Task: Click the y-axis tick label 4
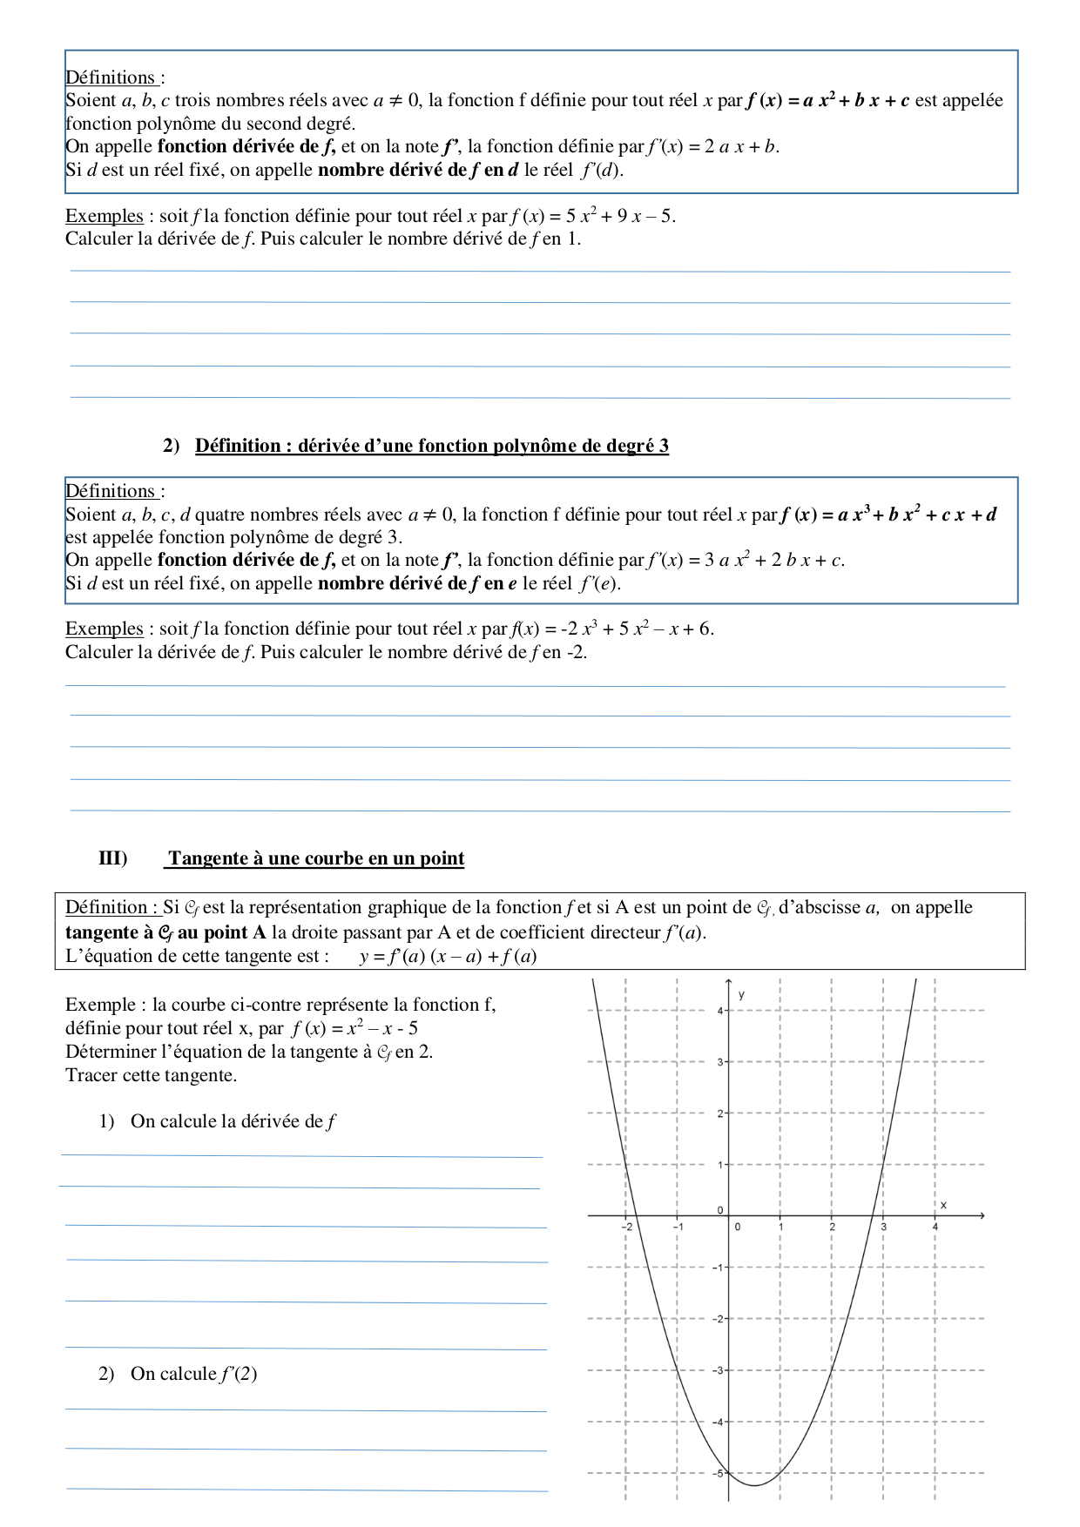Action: (x=720, y=1010)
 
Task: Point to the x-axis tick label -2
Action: (x=627, y=1227)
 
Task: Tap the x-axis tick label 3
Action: (x=883, y=1227)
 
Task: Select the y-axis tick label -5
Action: (x=719, y=1473)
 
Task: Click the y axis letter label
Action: (x=741, y=994)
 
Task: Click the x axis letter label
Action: (x=943, y=1205)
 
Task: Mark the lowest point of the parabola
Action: (x=754, y=1485)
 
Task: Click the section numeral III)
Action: (x=113, y=858)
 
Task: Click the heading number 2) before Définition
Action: (x=171, y=446)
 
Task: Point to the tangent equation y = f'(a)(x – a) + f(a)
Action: (x=448, y=957)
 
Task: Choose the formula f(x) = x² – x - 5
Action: (x=354, y=1028)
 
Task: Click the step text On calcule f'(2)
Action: (x=193, y=1374)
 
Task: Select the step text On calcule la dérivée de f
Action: (x=233, y=1121)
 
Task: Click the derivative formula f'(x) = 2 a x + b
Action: (x=712, y=146)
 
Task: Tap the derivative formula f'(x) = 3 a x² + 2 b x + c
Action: (x=746, y=560)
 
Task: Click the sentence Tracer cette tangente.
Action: (x=151, y=1075)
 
